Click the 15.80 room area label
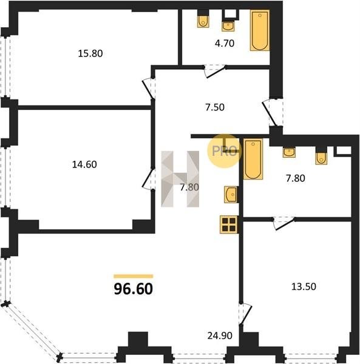click(90, 53)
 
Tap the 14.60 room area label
click(84, 164)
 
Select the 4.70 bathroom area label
click(225, 44)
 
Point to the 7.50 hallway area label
click(215, 107)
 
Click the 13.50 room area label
click(304, 286)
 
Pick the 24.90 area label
click(220, 335)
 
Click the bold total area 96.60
click(134, 289)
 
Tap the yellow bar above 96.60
click(134, 276)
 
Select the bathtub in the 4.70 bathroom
click(260, 30)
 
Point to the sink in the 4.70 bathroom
click(228, 26)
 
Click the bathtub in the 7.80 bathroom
click(253, 159)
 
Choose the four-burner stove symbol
click(229, 224)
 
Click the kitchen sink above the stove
click(231, 194)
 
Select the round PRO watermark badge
click(225, 151)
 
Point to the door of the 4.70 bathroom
click(215, 71)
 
